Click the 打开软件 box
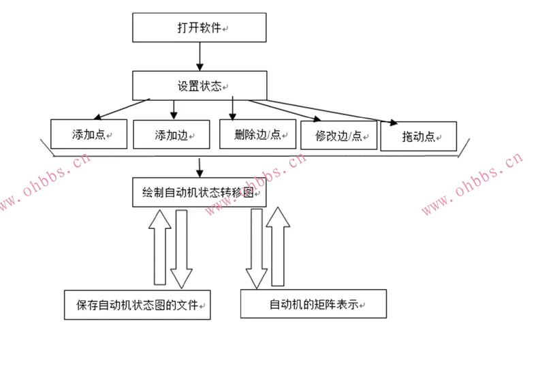click(198, 28)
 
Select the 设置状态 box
click(198, 86)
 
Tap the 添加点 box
click(89, 134)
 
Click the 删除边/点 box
click(257, 134)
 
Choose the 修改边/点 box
click(338, 135)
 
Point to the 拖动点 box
click(418, 136)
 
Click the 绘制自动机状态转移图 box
click(198, 192)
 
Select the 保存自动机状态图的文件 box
click(137, 305)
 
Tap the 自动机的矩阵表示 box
click(313, 303)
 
